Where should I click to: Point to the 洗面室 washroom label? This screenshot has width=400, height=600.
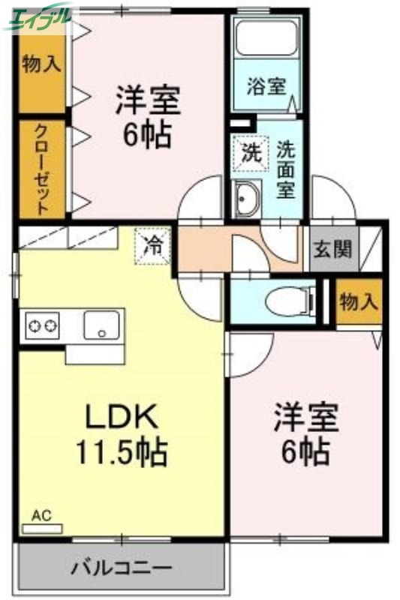[x=286, y=169]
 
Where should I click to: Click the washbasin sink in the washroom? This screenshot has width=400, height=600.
[x=245, y=199]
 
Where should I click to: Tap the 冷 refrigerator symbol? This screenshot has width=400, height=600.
[x=153, y=245]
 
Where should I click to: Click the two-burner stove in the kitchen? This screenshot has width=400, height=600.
[x=43, y=326]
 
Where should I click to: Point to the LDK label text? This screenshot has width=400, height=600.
[x=119, y=416]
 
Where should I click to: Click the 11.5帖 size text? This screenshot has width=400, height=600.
[x=120, y=452]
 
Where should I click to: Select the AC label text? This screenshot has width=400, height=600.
[x=41, y=515]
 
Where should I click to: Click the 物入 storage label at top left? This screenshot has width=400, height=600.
[x=41, y=64]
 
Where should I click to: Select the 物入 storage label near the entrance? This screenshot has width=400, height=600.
[x=359, y=302]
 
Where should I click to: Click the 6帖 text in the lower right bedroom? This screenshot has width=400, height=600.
[x=305, y=451]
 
